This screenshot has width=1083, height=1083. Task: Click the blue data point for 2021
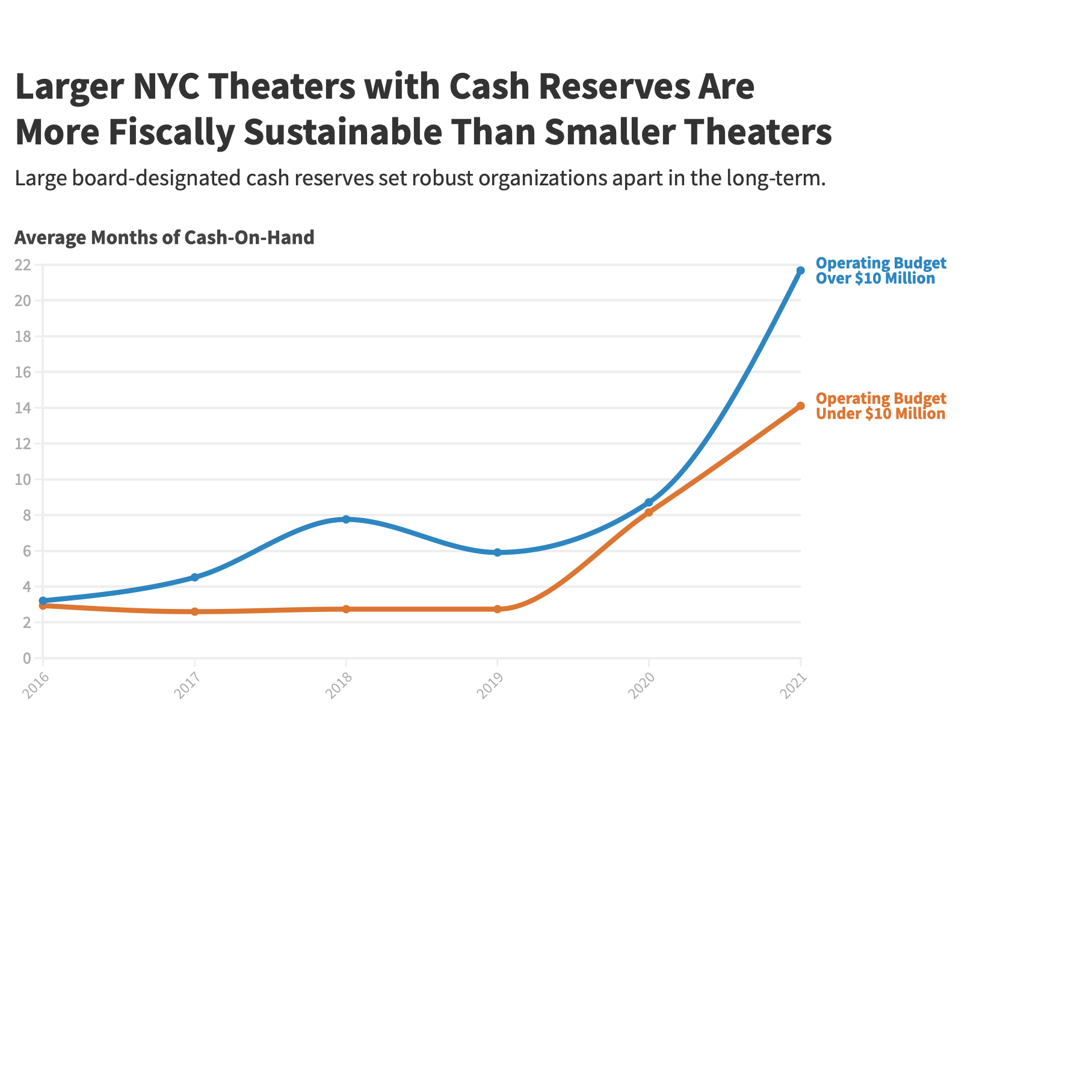click(800, 271)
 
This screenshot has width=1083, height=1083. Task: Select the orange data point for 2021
click(800, 406)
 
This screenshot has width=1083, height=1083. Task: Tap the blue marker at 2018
click(346, 519)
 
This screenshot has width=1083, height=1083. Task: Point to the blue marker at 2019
click(498, 552)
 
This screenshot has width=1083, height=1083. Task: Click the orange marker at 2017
click(194, 612)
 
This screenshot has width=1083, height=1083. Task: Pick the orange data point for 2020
click(649, 513)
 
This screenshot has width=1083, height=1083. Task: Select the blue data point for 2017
click(194, 578)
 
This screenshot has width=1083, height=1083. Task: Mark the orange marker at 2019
click(498, 609)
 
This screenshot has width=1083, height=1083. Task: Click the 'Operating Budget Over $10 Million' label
click(880, 271)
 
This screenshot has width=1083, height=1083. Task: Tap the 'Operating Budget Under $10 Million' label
click(880, 406)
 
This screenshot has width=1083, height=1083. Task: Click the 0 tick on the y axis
click(26, 658)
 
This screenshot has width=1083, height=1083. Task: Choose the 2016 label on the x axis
click(34, 687)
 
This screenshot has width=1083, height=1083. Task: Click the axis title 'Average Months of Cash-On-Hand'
click(164, 238)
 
